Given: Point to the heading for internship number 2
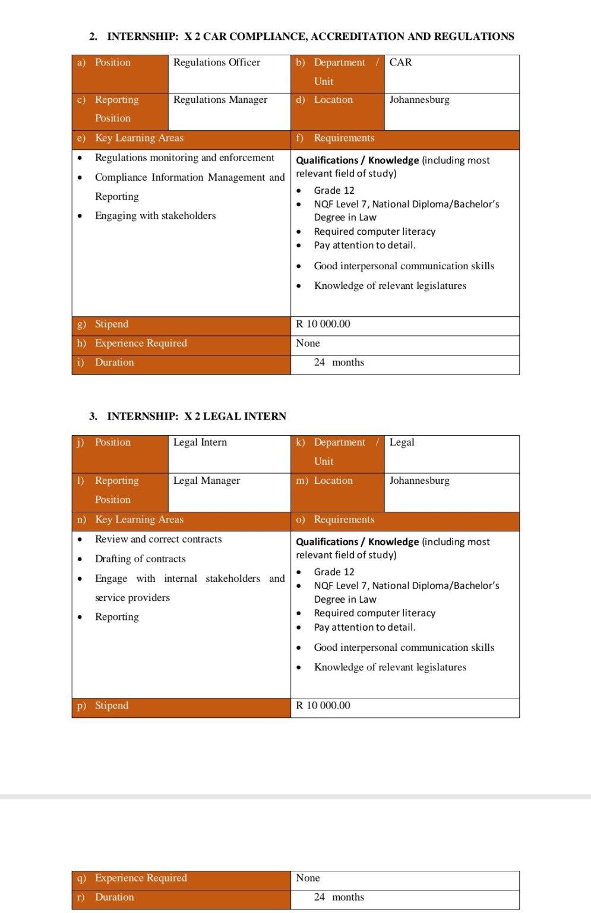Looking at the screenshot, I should (x=301, y=37).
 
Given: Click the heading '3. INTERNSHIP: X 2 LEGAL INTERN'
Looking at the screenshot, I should (x=188, y=417).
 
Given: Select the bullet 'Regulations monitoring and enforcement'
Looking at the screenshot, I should (x=184, y=158).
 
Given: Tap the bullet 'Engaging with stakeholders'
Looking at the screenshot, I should (x=155, y=216).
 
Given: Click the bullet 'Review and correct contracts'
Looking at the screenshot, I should (x=158, y=540).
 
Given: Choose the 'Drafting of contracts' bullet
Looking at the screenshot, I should (x=140, y=559).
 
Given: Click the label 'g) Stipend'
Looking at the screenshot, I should (x=111, y=325).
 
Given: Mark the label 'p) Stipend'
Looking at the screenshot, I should (x=111, y=706).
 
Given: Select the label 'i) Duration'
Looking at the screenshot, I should (x=114, y=363).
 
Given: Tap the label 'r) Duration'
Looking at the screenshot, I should (x=114, y=898).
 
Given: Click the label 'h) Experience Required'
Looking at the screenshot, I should (x=140, y=344).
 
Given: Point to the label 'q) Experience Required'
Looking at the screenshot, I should (x=140, y=879).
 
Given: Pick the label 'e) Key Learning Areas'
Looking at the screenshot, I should (x=139, y=138).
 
